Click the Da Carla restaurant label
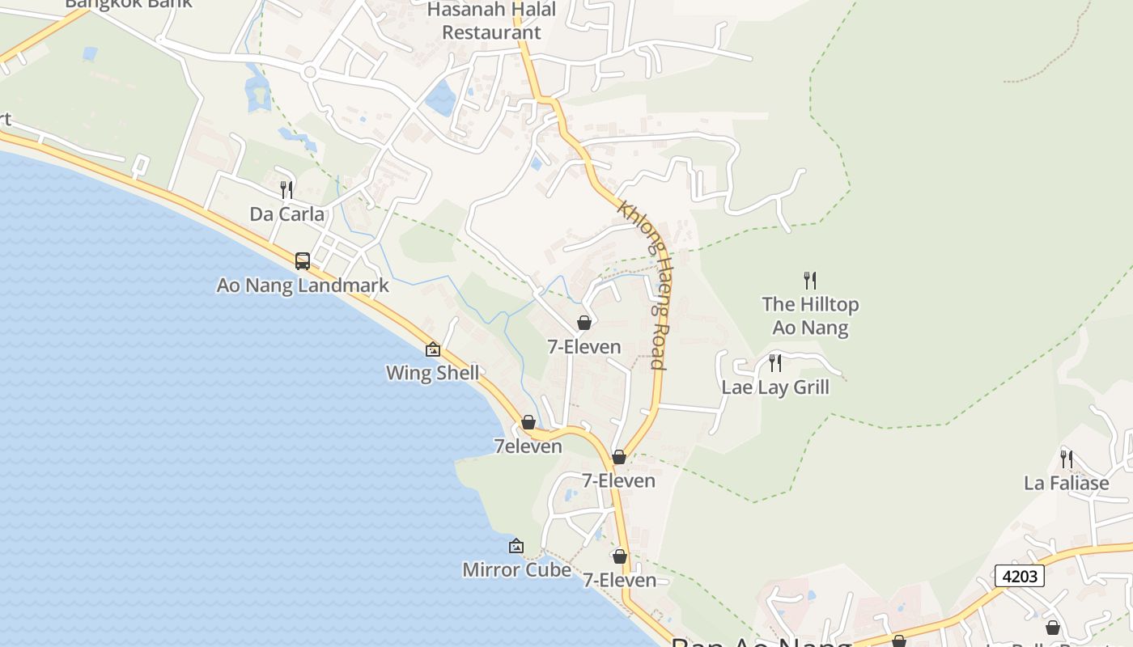(x=286, y=214)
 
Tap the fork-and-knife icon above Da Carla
(x=286, y=190)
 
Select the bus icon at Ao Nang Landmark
(x=303, y=261)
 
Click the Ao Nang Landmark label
(x=303, y=285)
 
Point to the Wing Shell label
(x=432, y=373)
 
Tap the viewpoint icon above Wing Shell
(x=433, y=349)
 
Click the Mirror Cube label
(x=516, y=569)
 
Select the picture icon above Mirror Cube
(x=516, y=547)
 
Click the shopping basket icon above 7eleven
(x=528, y=422)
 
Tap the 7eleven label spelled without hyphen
(x=528, y=446)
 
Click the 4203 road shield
(x=1019, y=576)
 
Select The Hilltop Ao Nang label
(x=810, y=315)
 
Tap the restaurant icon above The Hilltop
(x=810, y=281)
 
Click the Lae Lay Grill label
(x=775, y=387)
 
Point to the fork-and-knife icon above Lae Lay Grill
(x=775, y=362)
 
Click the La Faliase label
(x=1066, y=484)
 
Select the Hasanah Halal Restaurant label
(x=492, y=21)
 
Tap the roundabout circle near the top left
(x=309, y=73)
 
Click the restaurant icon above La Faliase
(x=1067, y=459)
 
